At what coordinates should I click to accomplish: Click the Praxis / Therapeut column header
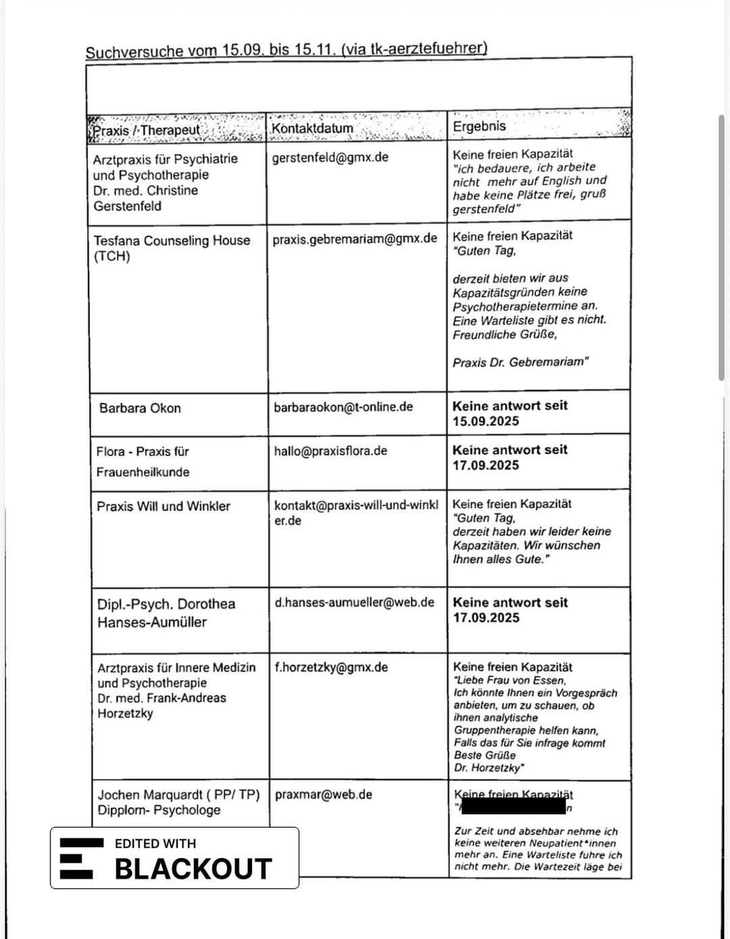[147, 130]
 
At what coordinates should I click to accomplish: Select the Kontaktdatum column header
[312, 128]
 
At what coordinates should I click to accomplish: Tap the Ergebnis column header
[479, 126]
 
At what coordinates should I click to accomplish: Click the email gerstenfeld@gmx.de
[330, 157]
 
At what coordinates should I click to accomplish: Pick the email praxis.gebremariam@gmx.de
[355, 239]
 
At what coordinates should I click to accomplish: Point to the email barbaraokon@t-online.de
[343, 407]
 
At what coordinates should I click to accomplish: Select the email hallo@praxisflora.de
[331, 451]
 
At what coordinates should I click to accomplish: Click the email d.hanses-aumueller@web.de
[354, 602]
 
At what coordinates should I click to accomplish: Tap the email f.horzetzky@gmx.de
[331, 667]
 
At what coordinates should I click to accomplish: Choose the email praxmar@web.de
[323, 794]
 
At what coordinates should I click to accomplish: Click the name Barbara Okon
[140, 408]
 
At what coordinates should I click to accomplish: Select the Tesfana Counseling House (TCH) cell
[172, 248]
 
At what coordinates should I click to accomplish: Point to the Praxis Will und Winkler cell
[164, 506]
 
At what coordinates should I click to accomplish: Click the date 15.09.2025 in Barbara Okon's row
[486, 422]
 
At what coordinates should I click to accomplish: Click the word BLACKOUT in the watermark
[193, 869]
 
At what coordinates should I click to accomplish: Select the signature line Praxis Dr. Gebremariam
[520, 362]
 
